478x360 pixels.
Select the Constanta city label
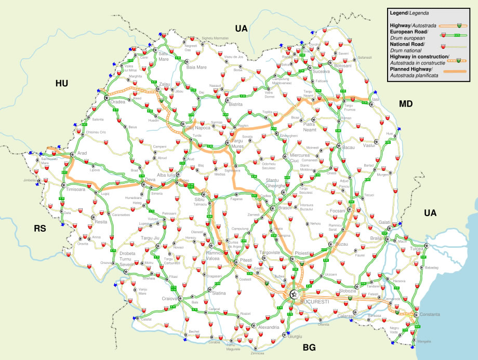(x=430, y=315)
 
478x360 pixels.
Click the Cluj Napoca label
(x=197, y=128)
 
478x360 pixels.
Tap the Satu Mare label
(x=164, y=56)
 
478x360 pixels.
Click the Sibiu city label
(x=199, y=199)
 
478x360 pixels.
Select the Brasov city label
(x=285, y=207)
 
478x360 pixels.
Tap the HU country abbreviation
(x=62, y=83)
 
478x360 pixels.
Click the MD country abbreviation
(x=405, y=104)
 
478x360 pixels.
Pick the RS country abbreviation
(x=40, y=228)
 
